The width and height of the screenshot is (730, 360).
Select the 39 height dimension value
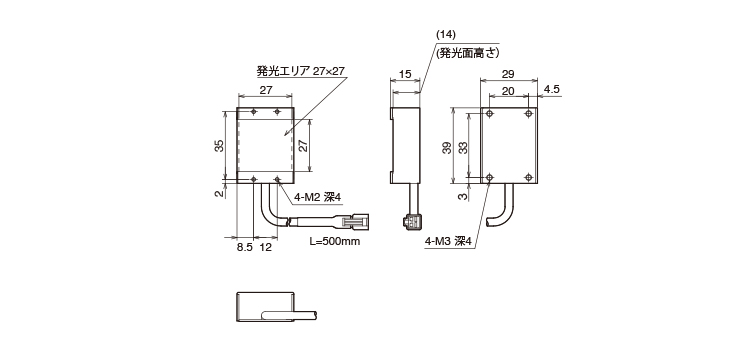pyautogui.click(x=447, y=148)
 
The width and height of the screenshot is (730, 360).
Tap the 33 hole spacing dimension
pyautogui.click(x=463, y=148)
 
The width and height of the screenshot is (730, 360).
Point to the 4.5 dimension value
pyautogui.click(x=552, y=90)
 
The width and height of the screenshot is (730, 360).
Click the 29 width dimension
pyautogui.click(x=508, y=74)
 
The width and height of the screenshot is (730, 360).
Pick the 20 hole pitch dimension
pyautogui.click(x=508, y=91)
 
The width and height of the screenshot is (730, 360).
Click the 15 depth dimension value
pyautogui.click(x=406, y=74)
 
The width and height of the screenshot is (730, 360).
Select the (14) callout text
pyautogui.click(x=446, y=34)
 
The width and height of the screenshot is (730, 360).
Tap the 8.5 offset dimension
pyautogui.click(x=244, y=247)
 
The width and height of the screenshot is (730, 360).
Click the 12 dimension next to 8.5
pyautogui.click(x=265, y=247)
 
